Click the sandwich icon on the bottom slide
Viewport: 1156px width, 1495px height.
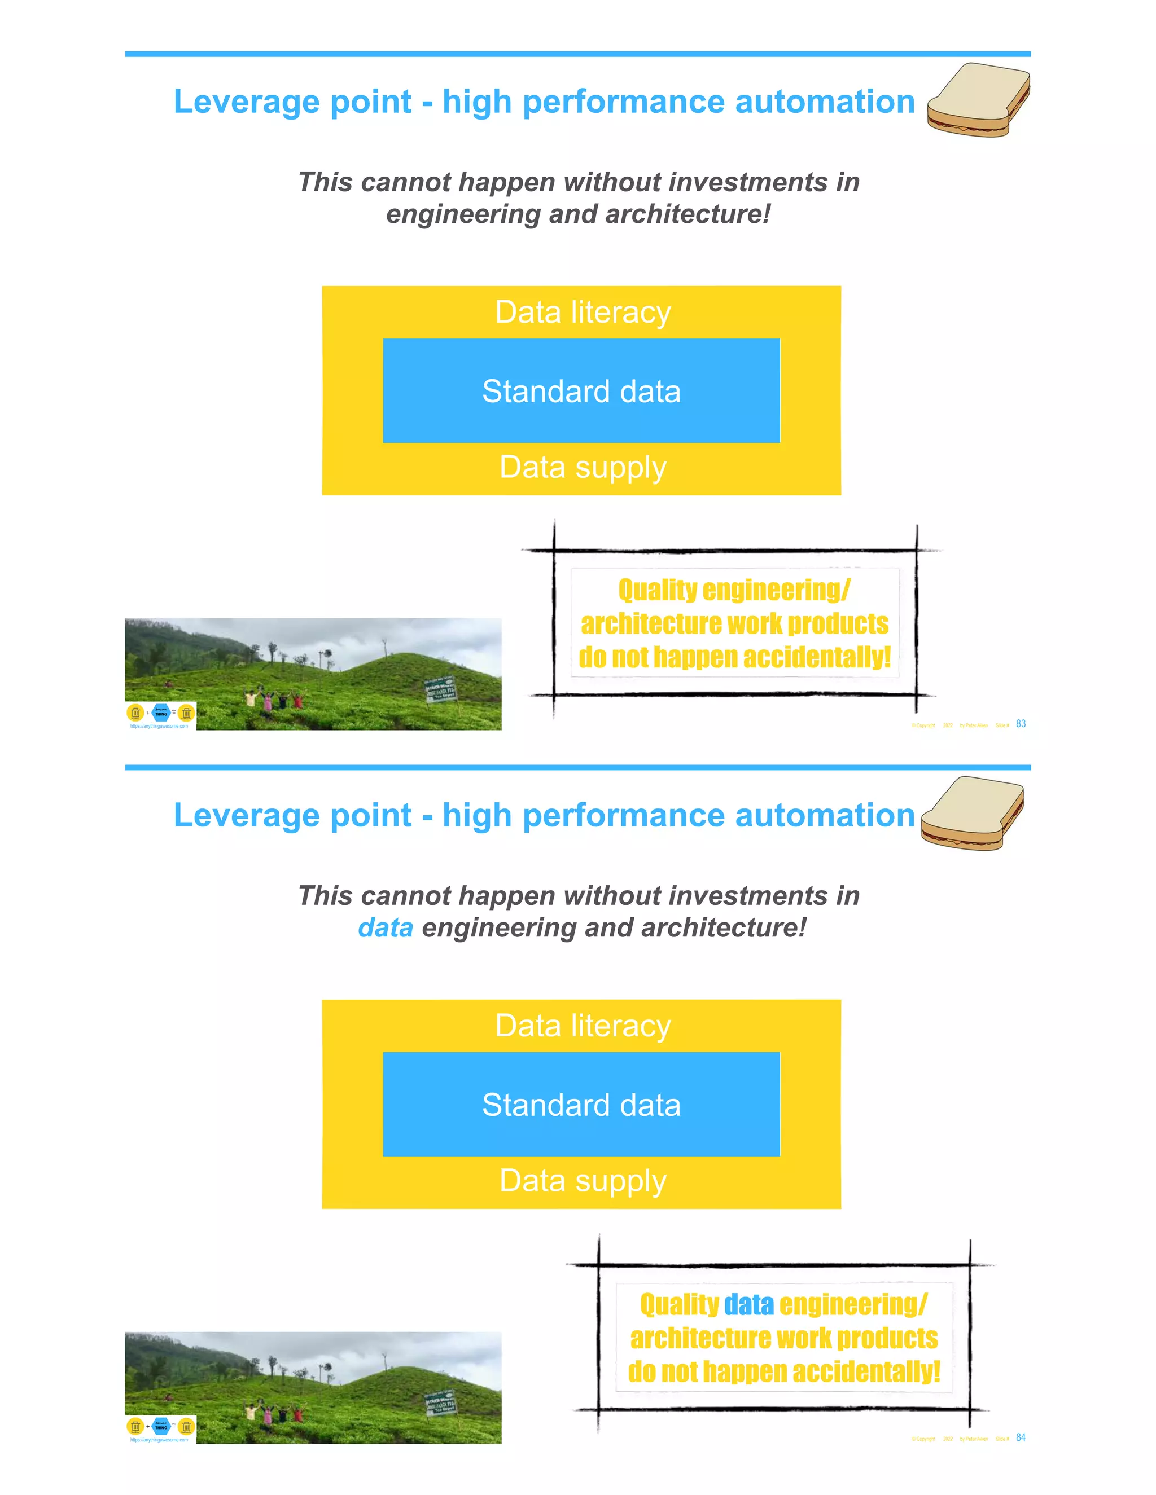point(972,813)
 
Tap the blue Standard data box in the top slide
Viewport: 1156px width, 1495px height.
point(581,391)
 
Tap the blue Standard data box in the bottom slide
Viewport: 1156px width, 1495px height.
point(581,1104)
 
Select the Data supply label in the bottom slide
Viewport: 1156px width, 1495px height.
point(582,1181)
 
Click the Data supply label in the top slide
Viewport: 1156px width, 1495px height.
point(582,468)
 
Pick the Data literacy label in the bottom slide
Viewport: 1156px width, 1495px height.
point(582,1026)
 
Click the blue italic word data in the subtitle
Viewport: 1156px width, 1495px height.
point(386,927)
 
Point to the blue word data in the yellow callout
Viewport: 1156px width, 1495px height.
point(748,1305)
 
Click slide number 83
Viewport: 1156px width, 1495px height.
point(1021,724)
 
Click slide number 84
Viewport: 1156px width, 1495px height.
point(1021,1437)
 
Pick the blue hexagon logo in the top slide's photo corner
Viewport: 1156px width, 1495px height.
point(161,713)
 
